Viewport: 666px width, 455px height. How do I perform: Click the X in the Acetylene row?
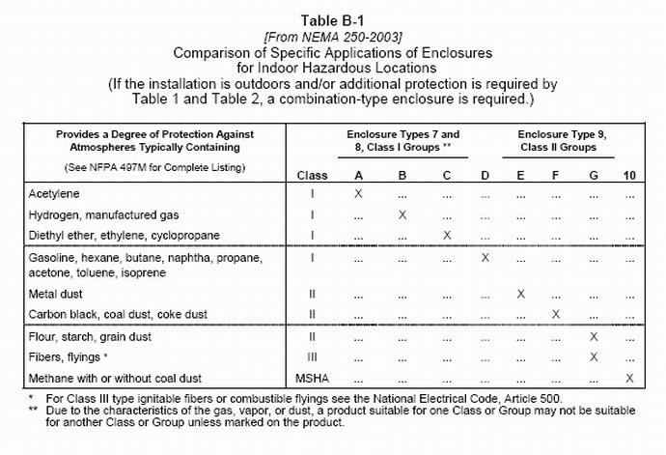coord(359,193)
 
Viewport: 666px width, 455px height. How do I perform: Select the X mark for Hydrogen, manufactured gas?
coord(402,214)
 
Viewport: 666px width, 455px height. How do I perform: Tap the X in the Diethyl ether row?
coord(445,235)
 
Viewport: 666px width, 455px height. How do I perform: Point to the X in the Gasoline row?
coord(485,258)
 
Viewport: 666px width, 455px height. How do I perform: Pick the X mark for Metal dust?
coord(520,293)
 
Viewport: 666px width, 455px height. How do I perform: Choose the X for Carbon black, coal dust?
coord(555,314)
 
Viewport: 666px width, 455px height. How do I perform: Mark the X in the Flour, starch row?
coord(594,336)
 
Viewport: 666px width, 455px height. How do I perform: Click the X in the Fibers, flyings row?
coord(594,356)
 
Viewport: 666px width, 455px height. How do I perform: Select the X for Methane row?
coord(629,377)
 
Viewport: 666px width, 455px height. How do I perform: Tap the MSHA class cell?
coord(312,377)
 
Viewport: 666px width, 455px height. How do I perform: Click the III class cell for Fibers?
coord(312,356)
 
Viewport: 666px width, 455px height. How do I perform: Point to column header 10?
coord(629,175)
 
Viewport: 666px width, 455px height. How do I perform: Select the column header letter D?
coord(485,175)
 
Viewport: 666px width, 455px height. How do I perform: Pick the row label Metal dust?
coord(56,293)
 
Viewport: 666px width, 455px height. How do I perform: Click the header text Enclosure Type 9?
coord(561,133)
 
